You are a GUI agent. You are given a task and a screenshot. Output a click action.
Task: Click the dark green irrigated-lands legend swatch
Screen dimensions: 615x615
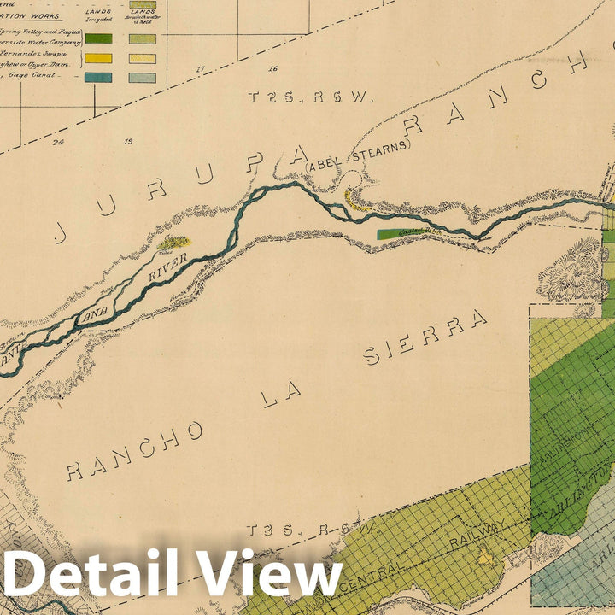point(97,38)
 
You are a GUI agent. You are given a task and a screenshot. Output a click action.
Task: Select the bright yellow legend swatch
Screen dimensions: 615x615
point(97,59)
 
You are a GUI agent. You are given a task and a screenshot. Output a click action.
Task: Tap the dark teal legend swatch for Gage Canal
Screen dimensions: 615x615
point(97,78)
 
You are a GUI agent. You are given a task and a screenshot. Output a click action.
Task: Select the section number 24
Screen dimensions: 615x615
point(58,142)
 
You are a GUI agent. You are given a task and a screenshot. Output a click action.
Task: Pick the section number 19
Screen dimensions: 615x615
point(129,142)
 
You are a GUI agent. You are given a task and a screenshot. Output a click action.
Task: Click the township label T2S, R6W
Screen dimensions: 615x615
point(311,97)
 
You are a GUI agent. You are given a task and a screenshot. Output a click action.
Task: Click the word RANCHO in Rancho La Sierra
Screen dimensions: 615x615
point(135,450)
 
